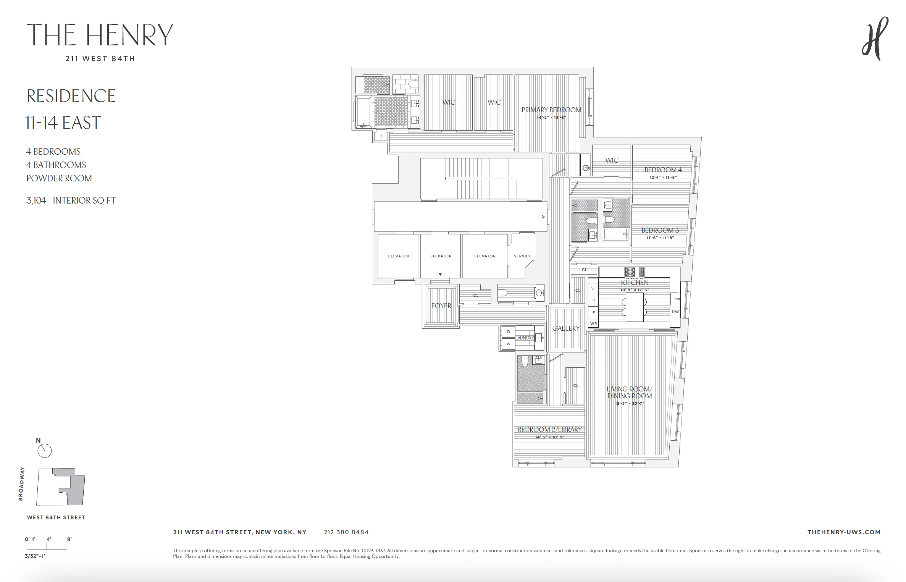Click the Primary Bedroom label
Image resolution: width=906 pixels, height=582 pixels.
(x=551, y=110)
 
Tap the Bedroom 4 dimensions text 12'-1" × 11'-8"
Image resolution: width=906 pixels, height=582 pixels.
(x=663, y=177)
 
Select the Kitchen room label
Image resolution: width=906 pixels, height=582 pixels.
(x=635, y=283)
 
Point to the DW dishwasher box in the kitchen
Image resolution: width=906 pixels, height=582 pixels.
(x=675, y=312)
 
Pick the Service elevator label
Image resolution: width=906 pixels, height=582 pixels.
(x=522, y=256)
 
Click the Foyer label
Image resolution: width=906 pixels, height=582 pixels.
(x=441, y=306)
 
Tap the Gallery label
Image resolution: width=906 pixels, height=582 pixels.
(x=566, y=328)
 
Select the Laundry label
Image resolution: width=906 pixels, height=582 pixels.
(x=525, y=338)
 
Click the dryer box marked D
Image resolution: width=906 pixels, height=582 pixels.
(x=508, y=331)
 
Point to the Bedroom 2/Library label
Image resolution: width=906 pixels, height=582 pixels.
(x=549, y=430)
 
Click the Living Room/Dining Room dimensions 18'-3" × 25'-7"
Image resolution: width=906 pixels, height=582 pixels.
(x=629, y=403)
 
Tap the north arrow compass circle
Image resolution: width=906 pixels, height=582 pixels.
(x=45, y=451)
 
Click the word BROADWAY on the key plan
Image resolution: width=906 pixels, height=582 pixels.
(x=21, y=483)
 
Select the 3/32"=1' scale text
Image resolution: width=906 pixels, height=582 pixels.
(x=35, y=556)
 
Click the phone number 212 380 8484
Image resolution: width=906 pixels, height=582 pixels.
(x=346, y=532)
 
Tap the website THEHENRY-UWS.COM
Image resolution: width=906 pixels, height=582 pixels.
(x=844, y=532)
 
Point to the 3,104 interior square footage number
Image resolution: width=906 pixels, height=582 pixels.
(x=36, y=200)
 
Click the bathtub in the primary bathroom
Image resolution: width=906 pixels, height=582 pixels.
(x=364, y=112)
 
